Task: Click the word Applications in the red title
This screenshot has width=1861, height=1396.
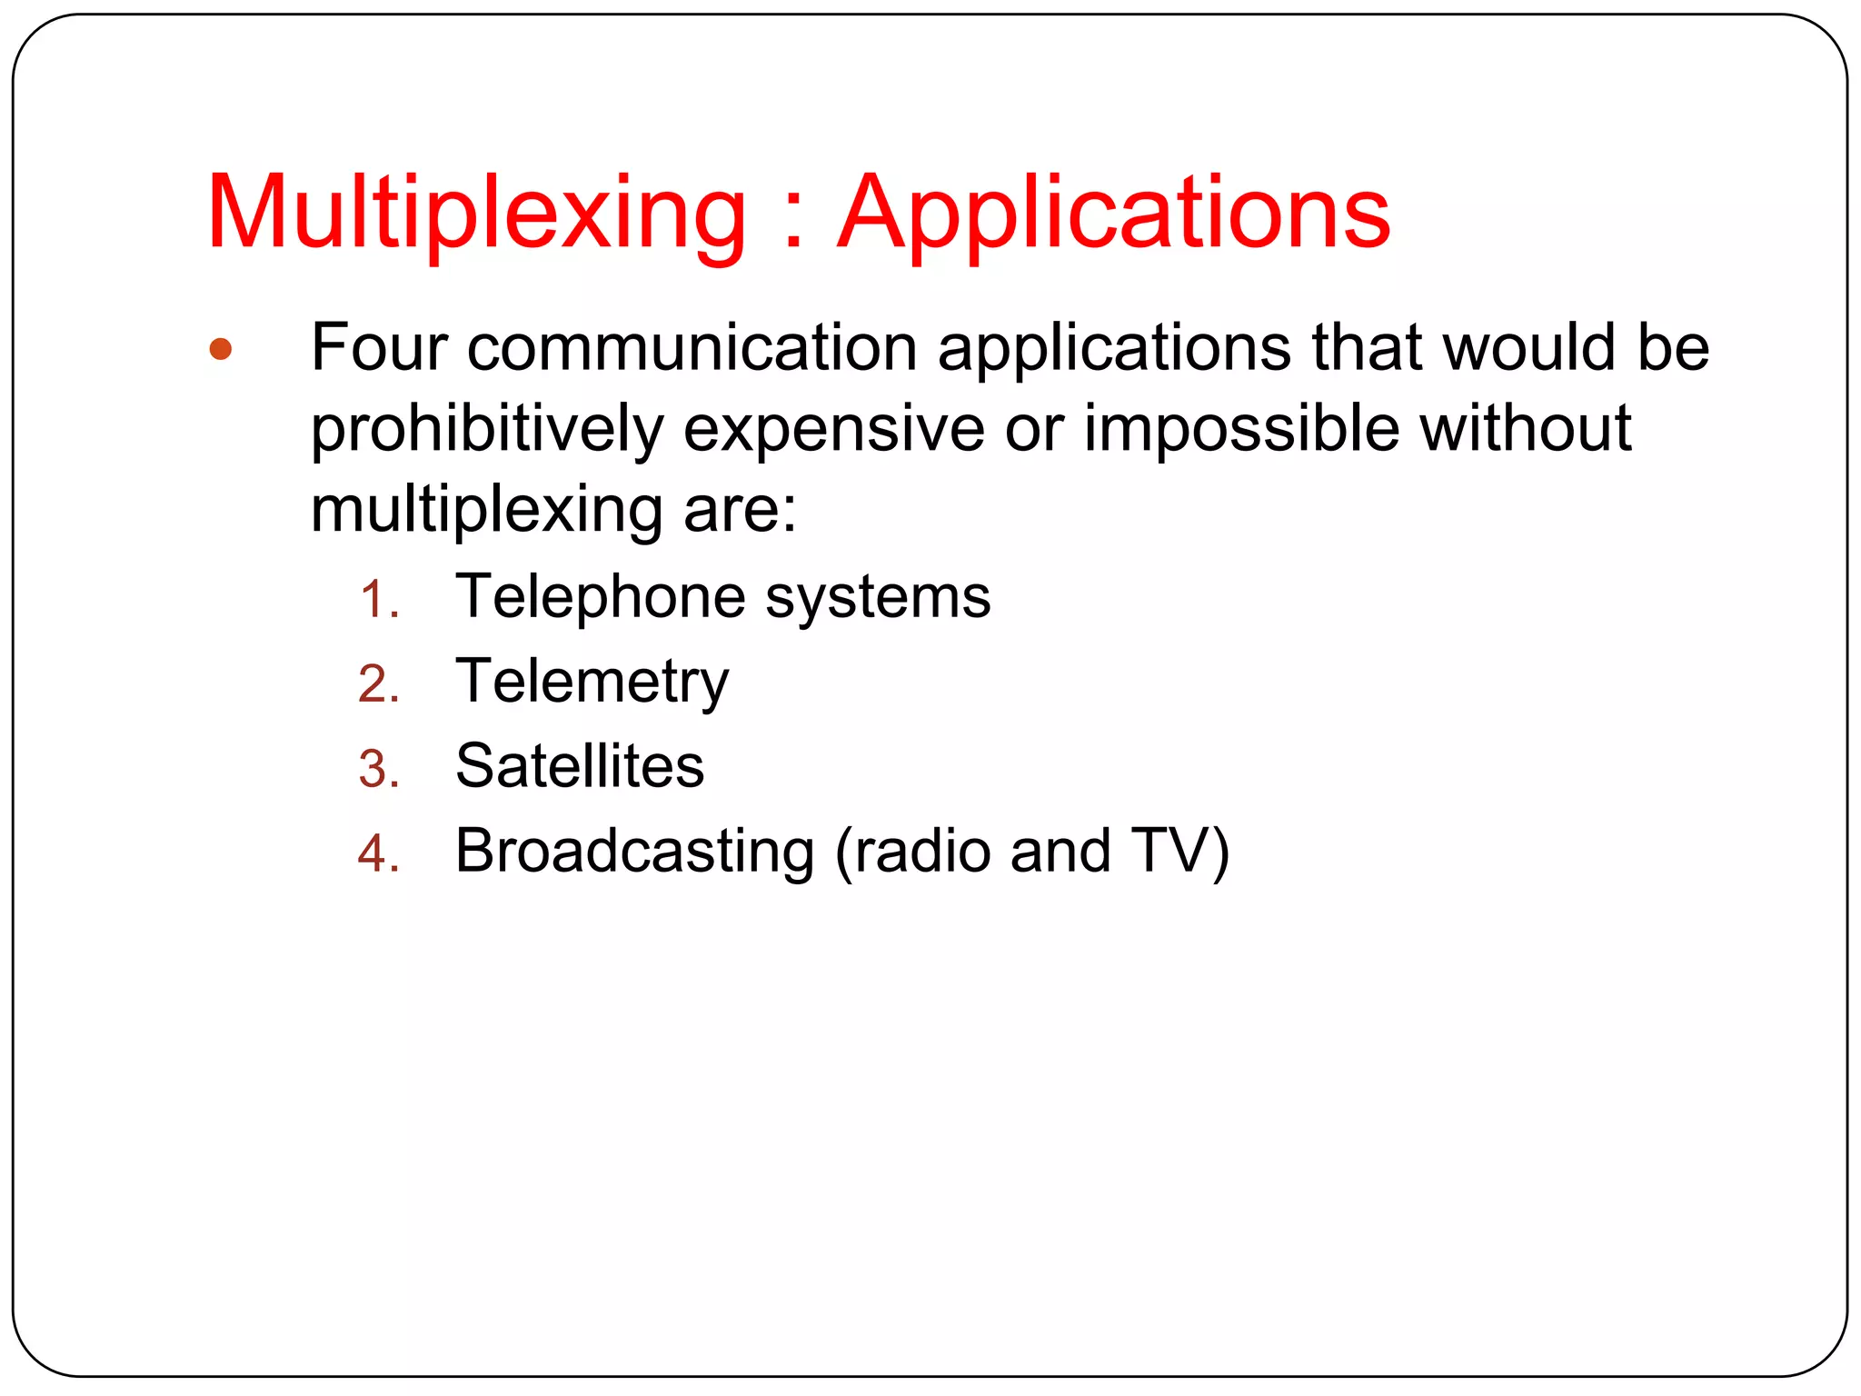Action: (x=1113, y=214)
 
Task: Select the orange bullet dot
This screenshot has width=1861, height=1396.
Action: (x=220, y=349)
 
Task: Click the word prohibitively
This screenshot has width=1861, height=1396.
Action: (x=487, y=429)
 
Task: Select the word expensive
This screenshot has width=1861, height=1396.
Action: (x=833, y=429)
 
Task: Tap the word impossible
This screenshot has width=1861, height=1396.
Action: (x=1241, y=429)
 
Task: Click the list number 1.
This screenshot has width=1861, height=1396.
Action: (x=378, y=601)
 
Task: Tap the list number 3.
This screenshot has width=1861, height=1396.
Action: (x=378, y=770)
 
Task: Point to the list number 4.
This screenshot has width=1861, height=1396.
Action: (x=378, y=854)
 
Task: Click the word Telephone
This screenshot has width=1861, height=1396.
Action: (x=600, y=598)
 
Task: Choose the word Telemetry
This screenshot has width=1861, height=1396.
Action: (x=592, y=683)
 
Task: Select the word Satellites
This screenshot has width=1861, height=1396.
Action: (x=580, y=766)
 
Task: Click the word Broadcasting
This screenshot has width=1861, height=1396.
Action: (x=634, y=853)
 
